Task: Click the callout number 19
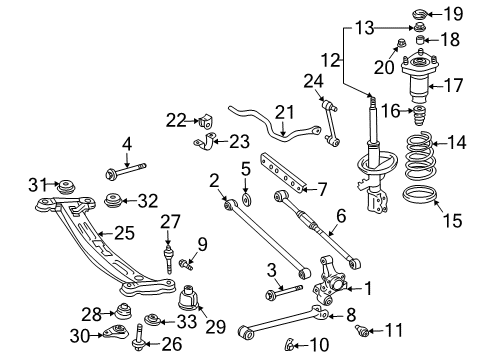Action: coord(454,14)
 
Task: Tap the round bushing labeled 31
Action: coord(68,187)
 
